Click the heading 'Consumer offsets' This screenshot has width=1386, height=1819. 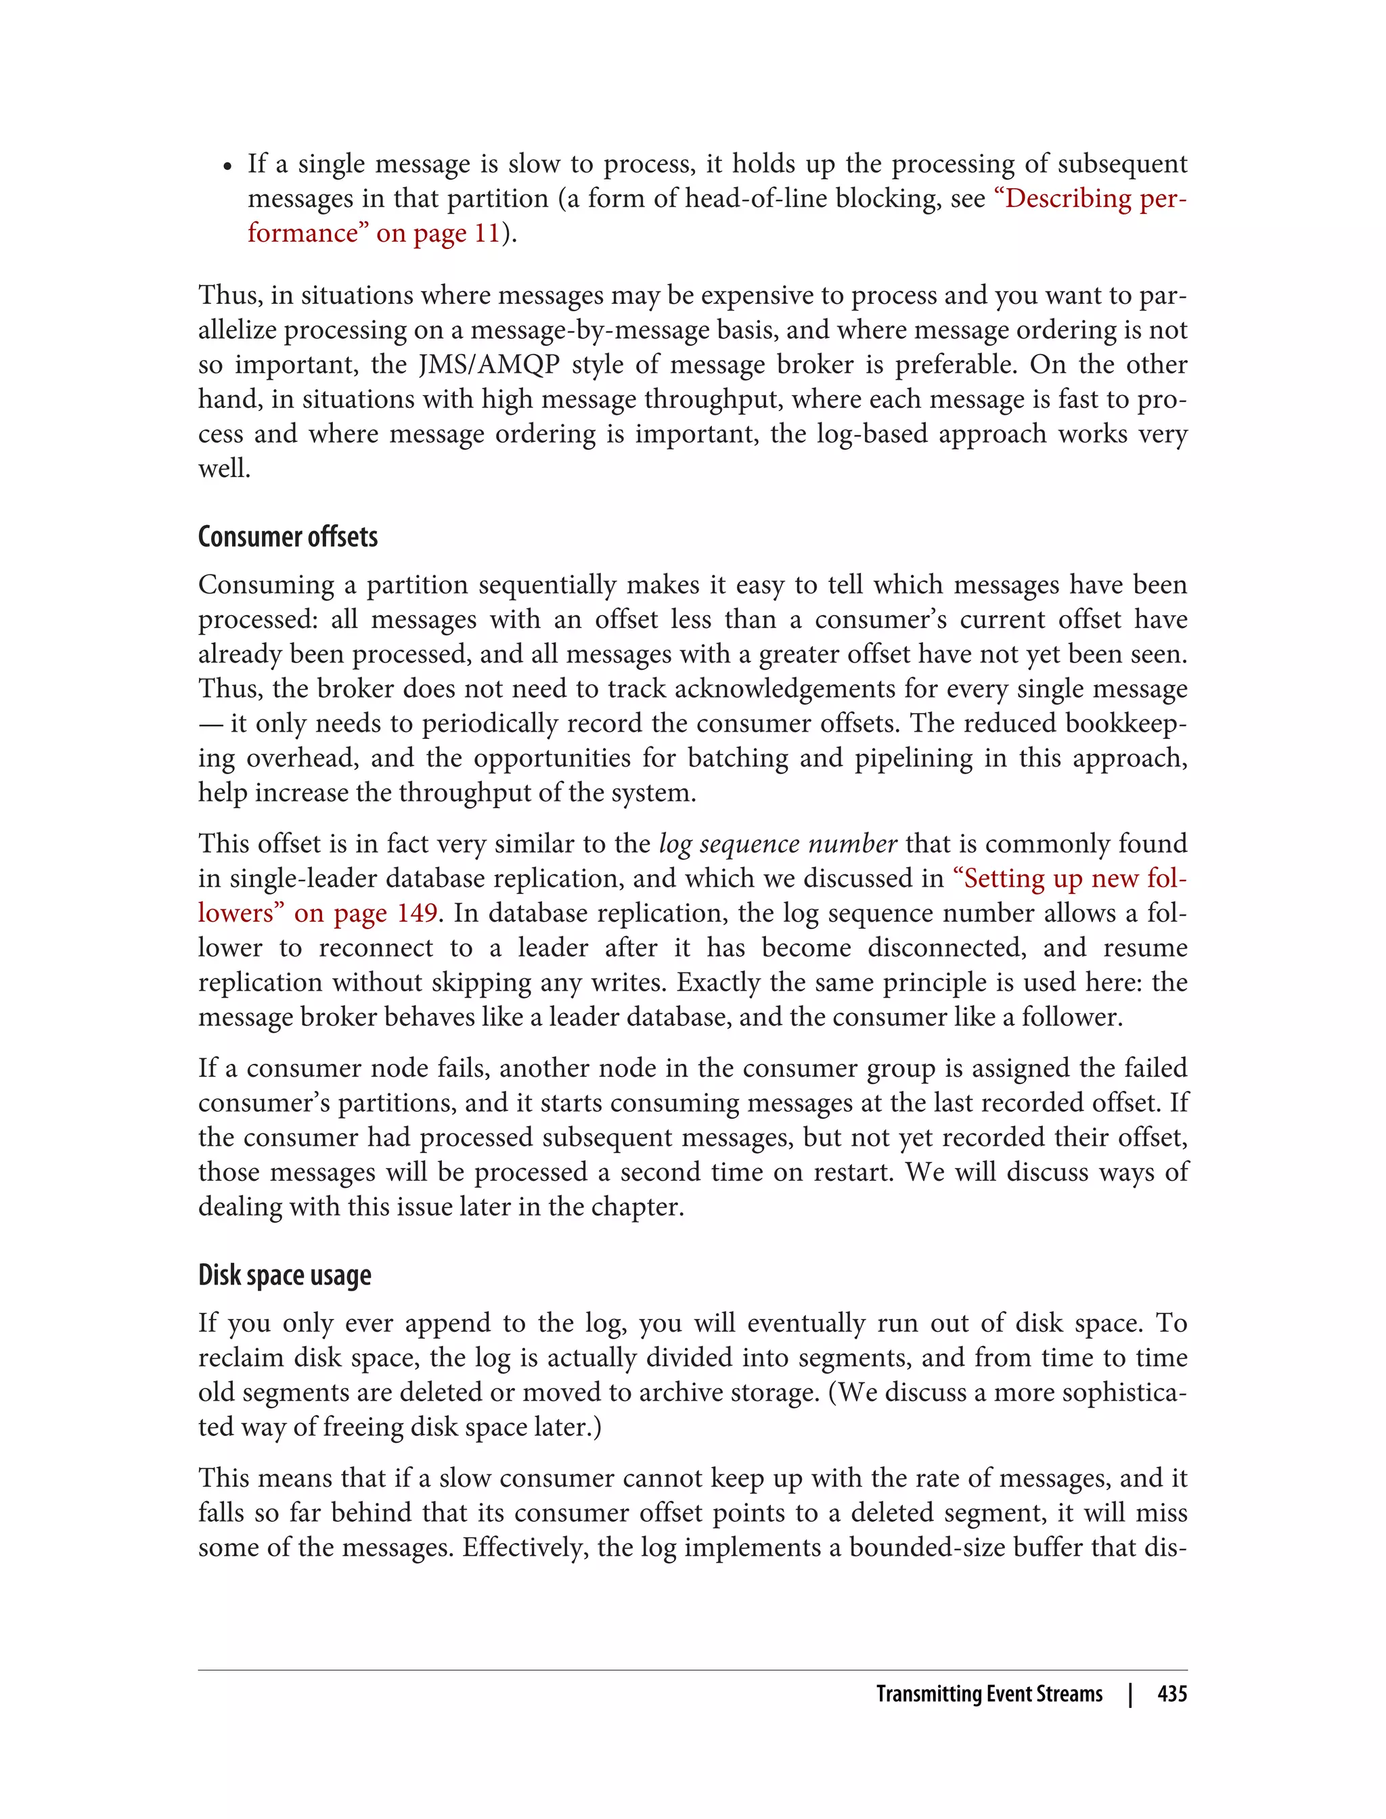(x=287, y=537)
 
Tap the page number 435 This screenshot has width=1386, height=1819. (x=1171, y=1694)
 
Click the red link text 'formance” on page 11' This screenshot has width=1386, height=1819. (x=374, y=233)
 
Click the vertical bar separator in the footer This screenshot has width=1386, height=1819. (x=1130, y=1694)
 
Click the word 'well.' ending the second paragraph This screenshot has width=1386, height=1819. (x=223, y=468)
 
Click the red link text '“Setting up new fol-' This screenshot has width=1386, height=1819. (x=1069, y=878)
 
